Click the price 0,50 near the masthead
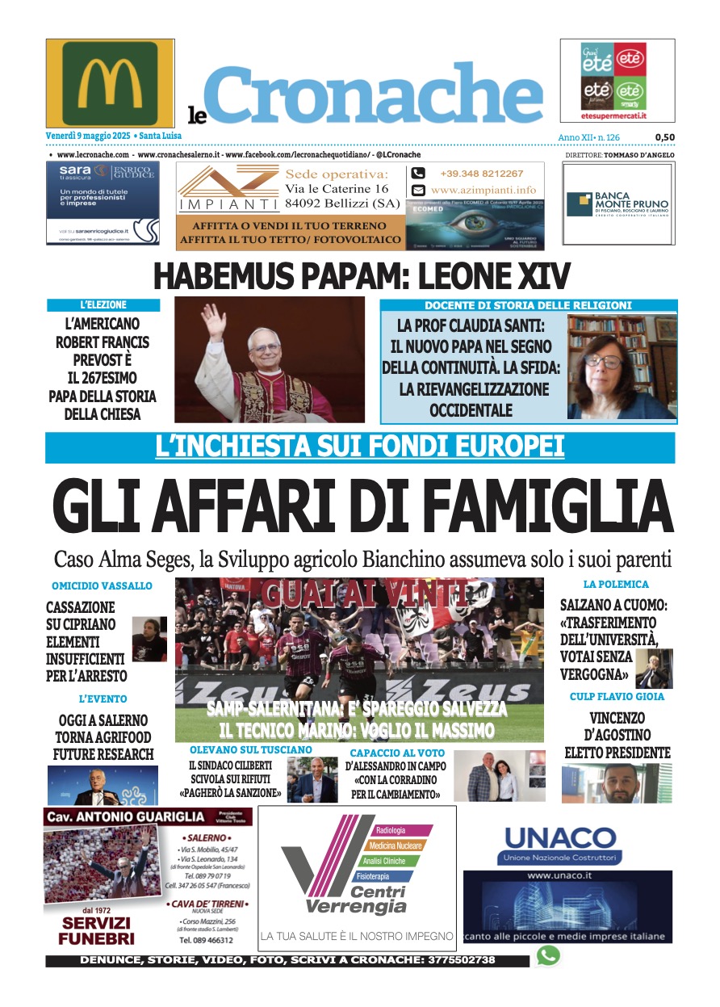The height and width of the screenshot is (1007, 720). (664, 137)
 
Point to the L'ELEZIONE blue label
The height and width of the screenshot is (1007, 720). (103, 305)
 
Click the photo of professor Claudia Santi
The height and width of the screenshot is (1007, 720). (622, 367)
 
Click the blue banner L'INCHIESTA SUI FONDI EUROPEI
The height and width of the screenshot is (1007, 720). (359, 447)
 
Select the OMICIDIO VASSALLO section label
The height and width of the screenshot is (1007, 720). (102, 585)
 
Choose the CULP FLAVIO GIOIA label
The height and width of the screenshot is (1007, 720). (617, 696)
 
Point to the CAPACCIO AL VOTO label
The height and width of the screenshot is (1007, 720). (396, 753)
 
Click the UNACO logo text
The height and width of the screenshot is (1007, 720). (559, 837)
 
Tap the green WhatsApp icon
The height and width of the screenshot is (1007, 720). (548, 956)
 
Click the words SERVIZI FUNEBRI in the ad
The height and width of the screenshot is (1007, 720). (95, 930)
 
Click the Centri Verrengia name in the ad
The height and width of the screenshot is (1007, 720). (356, 900)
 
